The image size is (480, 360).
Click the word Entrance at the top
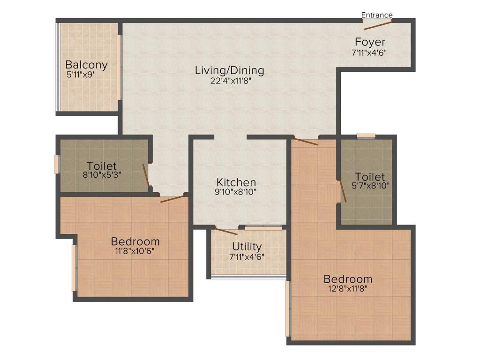pyautogui.click(x=377, y=15)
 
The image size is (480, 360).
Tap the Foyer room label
pyautogui.click(x=370, y=42)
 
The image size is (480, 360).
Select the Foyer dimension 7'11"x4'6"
pyautogui.click(x=369, y=52)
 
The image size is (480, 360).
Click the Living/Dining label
pyautogui.click(x=230, y=70)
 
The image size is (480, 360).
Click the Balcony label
pyautogui.click(x=86, y=65)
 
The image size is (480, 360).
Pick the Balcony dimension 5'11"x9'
pyautogui.click(x=84, y=74)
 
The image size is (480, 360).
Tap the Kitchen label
pyautogui.click(x=236, y=182)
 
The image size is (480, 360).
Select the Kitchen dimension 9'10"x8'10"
pyautogui.click(x=236, y=192)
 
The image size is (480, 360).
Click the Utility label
pyautogui.click(x=247, y=247)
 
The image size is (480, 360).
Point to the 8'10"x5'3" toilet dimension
pyautogui.click(x=102, y=176)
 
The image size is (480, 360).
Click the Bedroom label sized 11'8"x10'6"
pyautogui.click(x=135, y=241)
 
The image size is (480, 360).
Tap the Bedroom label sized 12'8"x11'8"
pyautogui.click(x=348, y=279)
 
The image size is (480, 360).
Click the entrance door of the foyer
pyautogui.click(x=378, y=25)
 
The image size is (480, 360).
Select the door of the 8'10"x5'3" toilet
pyautogui.click(x=146, y=175)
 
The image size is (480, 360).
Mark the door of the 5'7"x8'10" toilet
pyautogui.click(x=343, y=191)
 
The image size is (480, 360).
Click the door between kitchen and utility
pyautogui.click(x=225, y=231)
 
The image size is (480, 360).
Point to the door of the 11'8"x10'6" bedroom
pyautogui.click(x=172, y=199)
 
